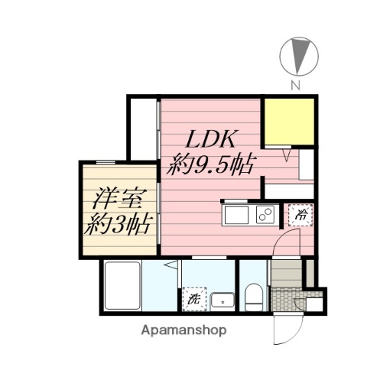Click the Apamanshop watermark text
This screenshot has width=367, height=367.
click(x=183, y=331)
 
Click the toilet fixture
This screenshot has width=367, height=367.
click(x=253, y=297)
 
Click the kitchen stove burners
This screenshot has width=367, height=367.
click(x=265, y=215)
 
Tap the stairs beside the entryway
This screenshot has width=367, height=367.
click(x=287, y=272)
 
